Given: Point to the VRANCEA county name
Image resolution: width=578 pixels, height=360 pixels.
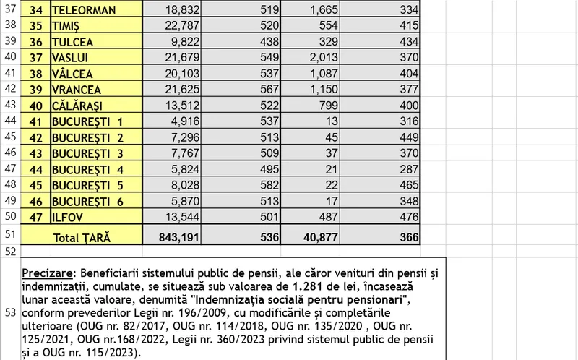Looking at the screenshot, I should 76,90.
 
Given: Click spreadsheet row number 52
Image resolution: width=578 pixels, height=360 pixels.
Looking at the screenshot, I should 9,252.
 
